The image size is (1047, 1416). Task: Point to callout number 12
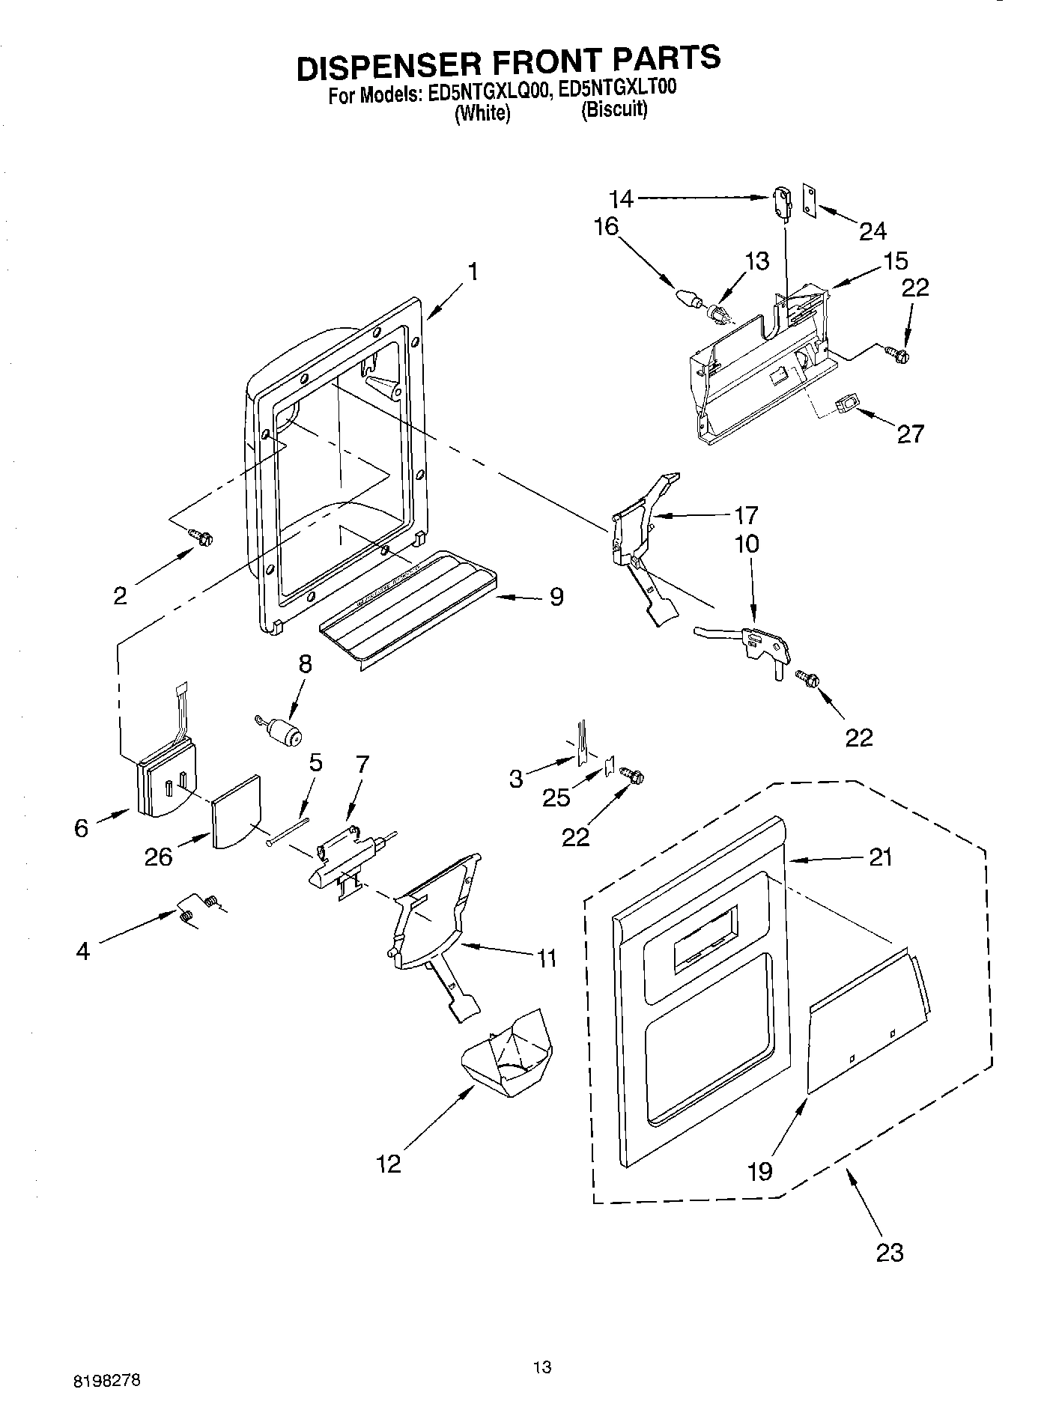389,1163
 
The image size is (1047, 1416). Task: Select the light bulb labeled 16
686,297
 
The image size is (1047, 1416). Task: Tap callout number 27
911,434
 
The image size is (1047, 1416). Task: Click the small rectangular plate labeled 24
810,201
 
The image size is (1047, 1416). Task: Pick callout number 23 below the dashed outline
890,1251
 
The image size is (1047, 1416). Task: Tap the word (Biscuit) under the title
614,110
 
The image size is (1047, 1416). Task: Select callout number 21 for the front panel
881,857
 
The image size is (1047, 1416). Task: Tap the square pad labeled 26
236,811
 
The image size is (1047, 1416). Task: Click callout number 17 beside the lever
746,514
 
